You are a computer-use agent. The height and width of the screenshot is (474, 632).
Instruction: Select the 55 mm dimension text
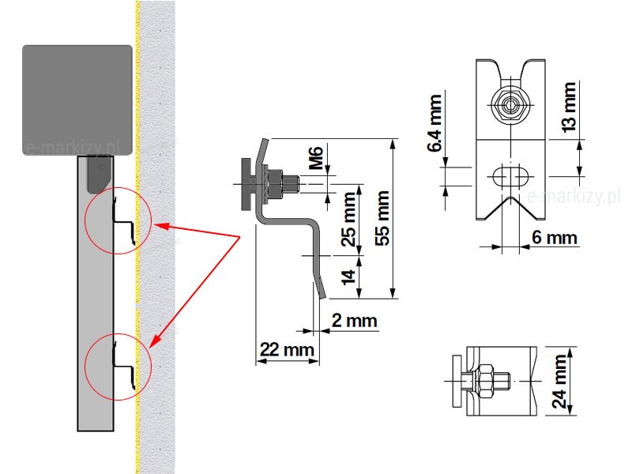(384, 218)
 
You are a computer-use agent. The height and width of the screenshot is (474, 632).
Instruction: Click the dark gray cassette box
(76, 98)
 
